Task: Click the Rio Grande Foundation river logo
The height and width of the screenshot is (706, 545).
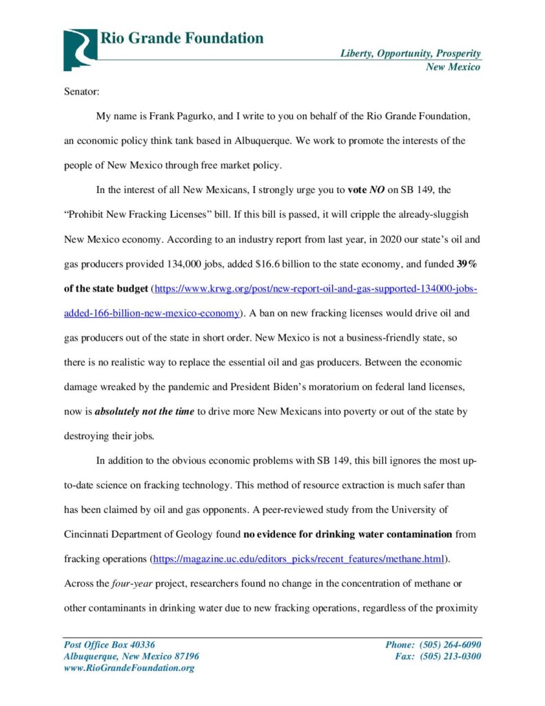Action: (x=80, y=49)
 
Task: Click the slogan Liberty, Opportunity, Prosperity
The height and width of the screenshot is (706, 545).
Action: (x=410, y=54)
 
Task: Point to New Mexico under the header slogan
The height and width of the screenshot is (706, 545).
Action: (x=453, y=67)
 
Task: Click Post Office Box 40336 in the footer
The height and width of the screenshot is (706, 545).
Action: (x=110, y=645)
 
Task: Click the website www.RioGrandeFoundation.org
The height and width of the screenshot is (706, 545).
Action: (x=129, y=668)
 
